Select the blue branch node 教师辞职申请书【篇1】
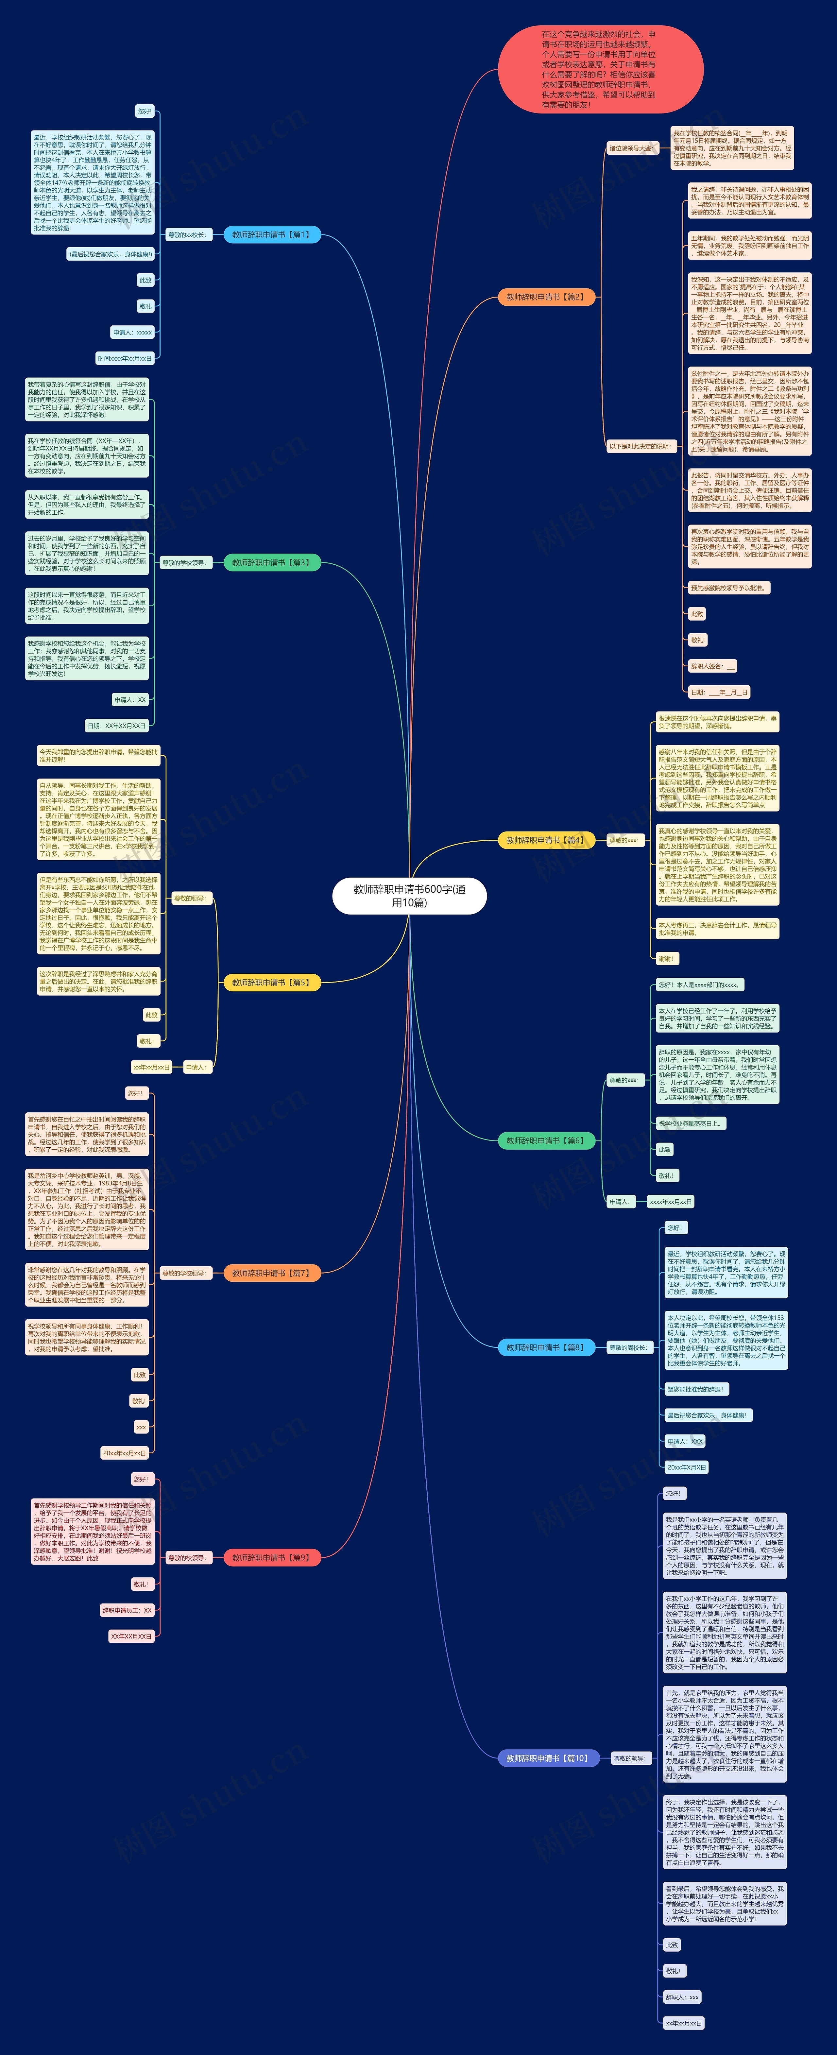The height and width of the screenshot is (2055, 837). click(271, 234)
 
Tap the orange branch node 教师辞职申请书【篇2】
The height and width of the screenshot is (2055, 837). click(546, 297)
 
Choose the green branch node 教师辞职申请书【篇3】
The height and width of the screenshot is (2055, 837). click(271, 562)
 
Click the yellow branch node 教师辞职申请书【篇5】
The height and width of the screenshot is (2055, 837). click(271, 982)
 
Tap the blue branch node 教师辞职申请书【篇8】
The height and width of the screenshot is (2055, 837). click(546, 1347)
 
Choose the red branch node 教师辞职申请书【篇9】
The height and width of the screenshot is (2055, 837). click(271, 1557)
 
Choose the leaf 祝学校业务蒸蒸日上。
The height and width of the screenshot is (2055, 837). click(690, 1123)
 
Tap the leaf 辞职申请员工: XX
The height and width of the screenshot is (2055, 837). click(127, 1610)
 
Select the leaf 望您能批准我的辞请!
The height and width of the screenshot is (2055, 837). click(696, 1389)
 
